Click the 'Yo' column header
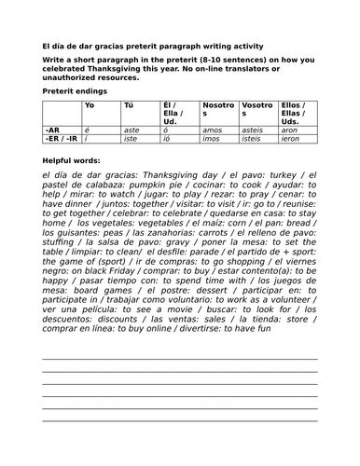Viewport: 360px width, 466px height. (x=90, y=105)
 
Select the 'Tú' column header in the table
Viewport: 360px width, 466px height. (x=129, y=105)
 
